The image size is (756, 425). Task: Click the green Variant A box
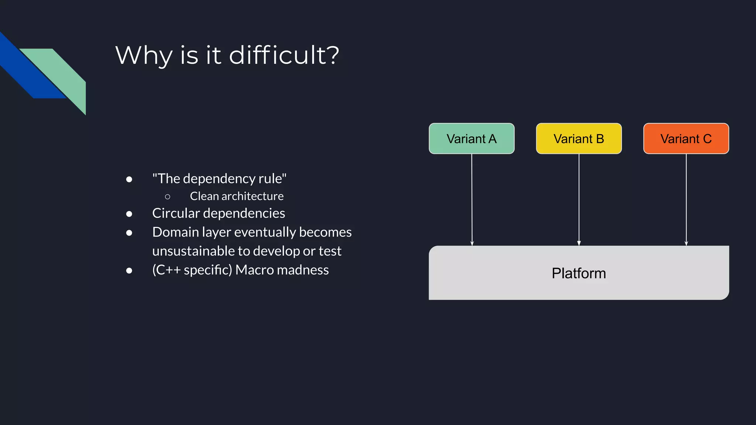(471, 139)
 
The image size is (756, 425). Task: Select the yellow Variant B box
(578, 139)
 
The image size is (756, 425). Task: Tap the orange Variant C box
(686, 139)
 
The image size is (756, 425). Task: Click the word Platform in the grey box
(578, 273)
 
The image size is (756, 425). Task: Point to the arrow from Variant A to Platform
(472, 199)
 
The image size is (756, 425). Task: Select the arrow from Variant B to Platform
(579, 199)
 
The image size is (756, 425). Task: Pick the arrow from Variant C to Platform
(686, 199)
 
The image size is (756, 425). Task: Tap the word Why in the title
(144, 55)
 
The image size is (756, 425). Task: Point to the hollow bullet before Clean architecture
(168, 197)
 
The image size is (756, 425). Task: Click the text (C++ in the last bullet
(166, 270)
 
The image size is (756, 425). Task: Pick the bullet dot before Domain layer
(129, 233)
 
